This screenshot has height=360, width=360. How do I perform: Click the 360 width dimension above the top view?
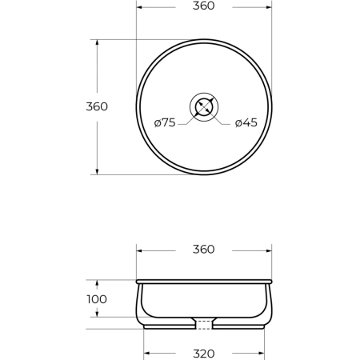203,6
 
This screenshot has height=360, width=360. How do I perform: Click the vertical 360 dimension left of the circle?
97,106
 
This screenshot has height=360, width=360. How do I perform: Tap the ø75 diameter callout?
165,122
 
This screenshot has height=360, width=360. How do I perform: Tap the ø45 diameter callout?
246,122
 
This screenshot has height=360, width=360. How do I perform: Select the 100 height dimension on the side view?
97,299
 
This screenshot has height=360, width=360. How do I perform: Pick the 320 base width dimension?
204,354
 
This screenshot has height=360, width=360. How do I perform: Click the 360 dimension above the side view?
203,250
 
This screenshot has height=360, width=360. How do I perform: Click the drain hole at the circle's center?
204,107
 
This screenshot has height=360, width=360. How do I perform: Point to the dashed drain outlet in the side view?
204,325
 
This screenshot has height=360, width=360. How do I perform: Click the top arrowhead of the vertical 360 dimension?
97,42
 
